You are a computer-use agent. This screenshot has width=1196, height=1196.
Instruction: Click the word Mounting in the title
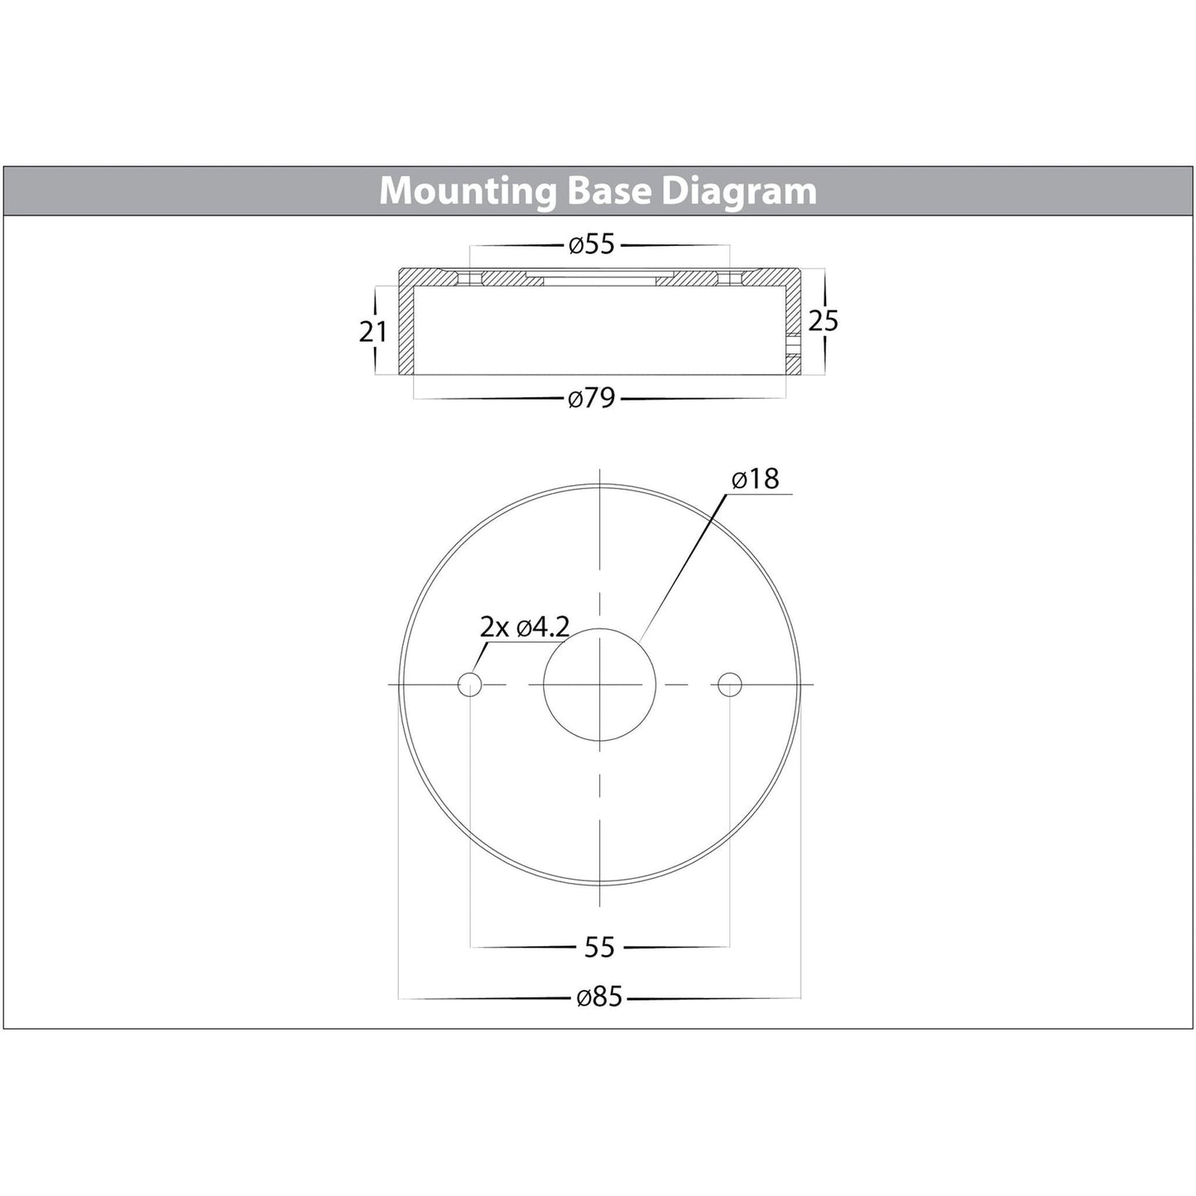pos(468,192)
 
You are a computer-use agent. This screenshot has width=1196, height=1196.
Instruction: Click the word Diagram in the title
pos(739,192)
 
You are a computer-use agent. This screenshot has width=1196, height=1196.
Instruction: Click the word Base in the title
pos(609,191)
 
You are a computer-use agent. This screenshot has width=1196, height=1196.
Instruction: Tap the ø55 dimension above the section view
pos(592,245)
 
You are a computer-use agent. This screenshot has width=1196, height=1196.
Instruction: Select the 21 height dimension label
pos(373,333)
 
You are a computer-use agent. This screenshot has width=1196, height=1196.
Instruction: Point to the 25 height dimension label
pos(824,321)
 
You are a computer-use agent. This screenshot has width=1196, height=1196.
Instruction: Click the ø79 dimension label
pos(592,398)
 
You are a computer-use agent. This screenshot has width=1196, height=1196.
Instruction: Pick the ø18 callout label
pos(756,479)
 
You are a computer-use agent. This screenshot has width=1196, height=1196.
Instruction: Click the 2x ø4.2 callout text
pos(525,628)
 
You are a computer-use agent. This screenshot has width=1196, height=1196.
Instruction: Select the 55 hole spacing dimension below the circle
pos(599,948)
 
